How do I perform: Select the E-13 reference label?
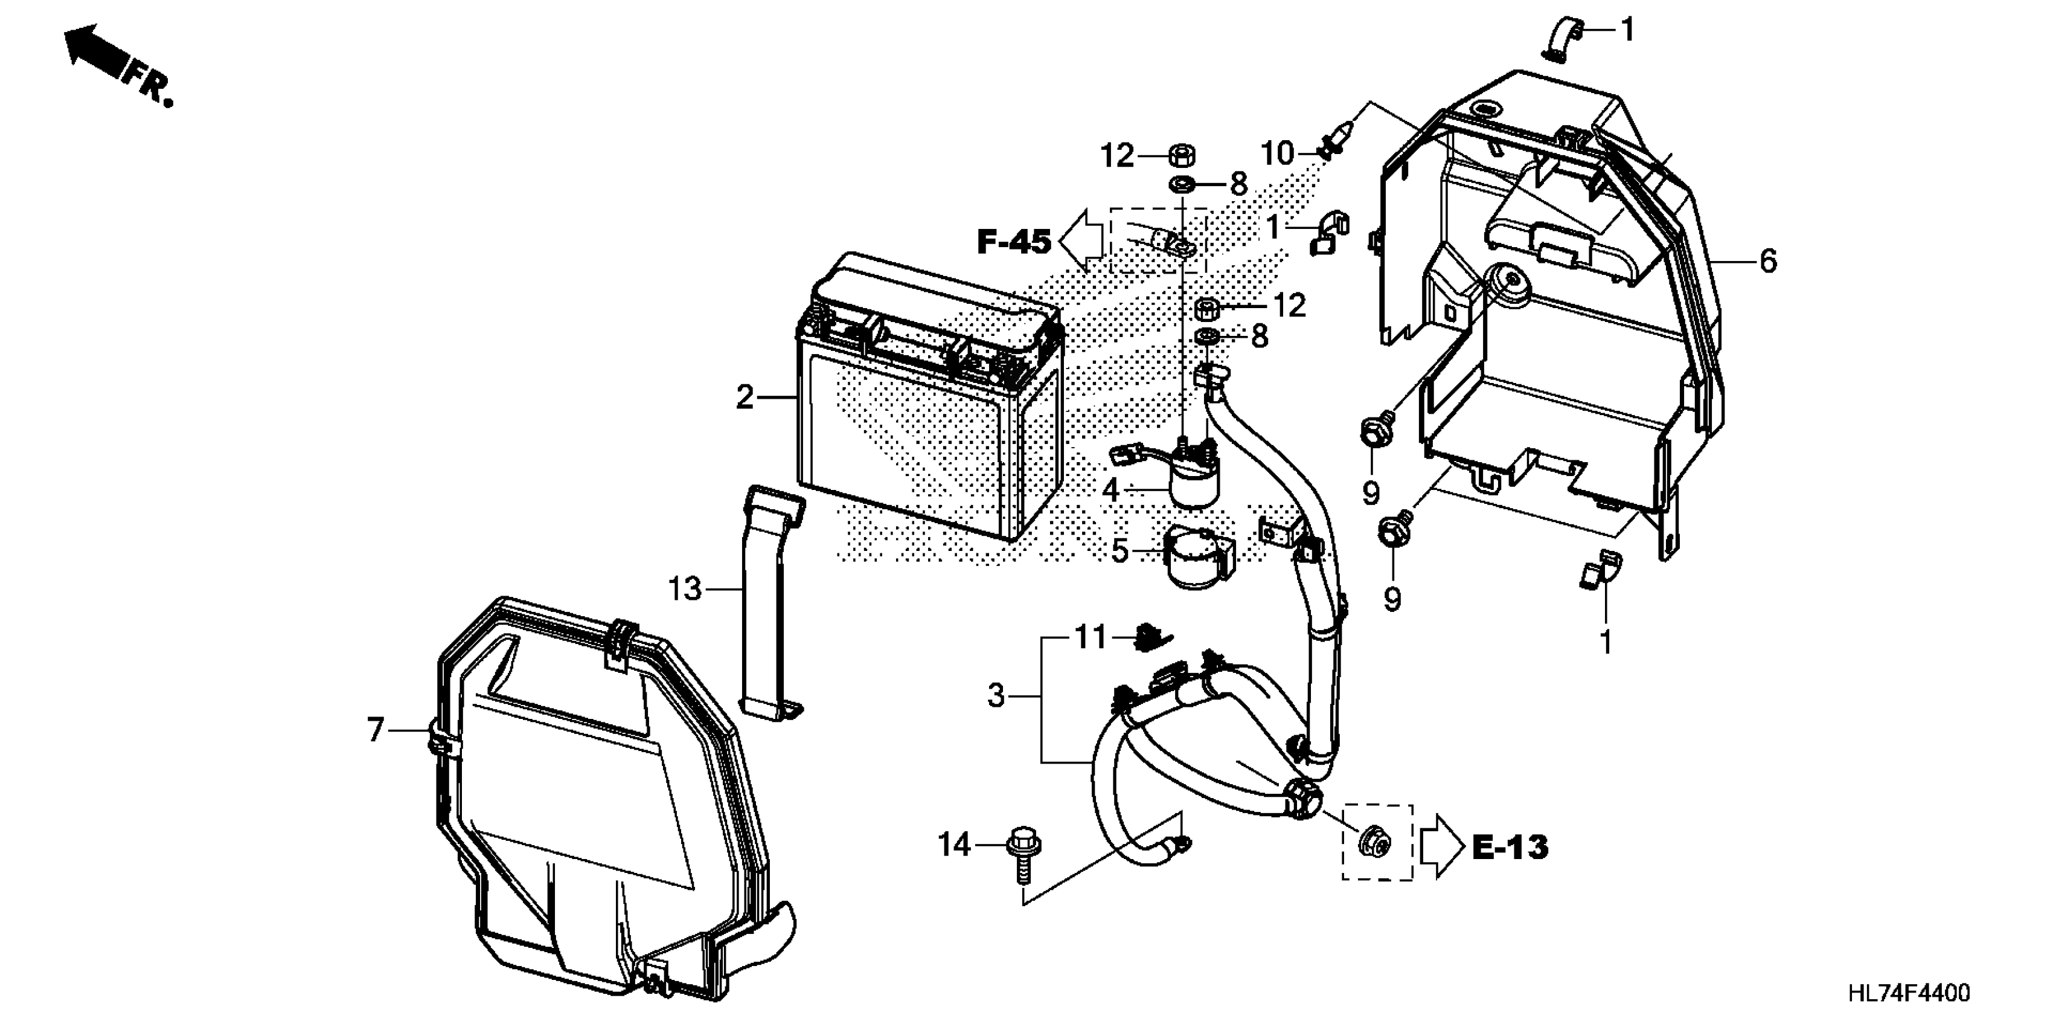(1510, 847)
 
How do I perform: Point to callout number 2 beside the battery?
(743, 397)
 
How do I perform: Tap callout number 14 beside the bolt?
(954, 845)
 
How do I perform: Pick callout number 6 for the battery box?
(1767, 261)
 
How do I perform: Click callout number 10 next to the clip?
(1278, 153)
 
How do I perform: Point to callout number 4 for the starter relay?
(1111, 489)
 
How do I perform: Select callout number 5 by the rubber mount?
(1119, 551)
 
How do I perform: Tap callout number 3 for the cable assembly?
(996, 696)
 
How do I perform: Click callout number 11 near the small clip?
(1091, 638)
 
